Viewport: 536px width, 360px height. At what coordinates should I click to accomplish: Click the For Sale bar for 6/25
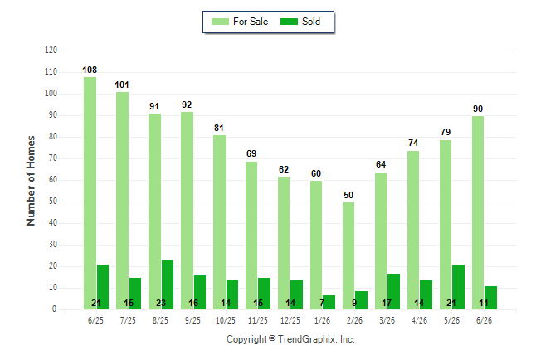tap(90, 193)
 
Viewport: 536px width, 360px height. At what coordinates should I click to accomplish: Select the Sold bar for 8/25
tap(168, 285)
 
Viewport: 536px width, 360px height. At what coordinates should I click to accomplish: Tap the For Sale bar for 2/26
tap(348, 255)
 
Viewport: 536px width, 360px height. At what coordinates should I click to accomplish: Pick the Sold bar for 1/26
tap(329, 302)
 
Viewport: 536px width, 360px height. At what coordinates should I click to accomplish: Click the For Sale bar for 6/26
tap(478, 212)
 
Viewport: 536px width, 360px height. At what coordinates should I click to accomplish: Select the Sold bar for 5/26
tap(458, 287)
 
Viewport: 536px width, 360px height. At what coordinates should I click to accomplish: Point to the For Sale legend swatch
tap(220, 22)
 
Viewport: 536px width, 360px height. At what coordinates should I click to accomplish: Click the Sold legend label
tap(311, 22)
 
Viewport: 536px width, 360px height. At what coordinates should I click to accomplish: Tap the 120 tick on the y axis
tap(51, 51)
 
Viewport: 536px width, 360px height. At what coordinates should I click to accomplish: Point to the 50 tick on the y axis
tap(52, 201)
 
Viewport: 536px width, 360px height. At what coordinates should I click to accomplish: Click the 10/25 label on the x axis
tap(226, 320)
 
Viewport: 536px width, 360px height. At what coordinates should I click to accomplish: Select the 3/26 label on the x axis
tap(387, 320)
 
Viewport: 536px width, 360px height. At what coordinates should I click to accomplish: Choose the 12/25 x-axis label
tap(290, 320)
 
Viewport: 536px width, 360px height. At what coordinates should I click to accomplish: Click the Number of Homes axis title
tap(31, 181)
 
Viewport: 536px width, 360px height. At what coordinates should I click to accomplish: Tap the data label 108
tap(90, 70)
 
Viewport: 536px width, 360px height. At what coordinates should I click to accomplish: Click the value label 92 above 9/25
tap(187, 105)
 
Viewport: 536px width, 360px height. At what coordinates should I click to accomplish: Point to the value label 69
tap(251, 153)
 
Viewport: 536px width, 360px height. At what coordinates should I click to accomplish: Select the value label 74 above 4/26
tap(413, 143)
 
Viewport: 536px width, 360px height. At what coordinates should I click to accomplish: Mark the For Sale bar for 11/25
tap(251, 236)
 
